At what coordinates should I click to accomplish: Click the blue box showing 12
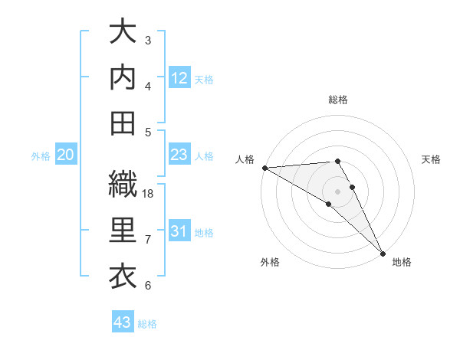point(179,77)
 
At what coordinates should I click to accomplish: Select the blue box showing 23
point(179,155)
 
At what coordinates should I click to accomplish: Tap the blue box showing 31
point(179,231)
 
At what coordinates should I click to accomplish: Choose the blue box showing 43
point(123,322)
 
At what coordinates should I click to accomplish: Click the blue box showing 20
point(66,155)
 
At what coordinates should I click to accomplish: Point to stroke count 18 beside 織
point(149,194)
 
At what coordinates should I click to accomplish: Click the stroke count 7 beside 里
point(149,240)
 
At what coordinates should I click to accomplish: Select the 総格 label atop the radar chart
point(337,100)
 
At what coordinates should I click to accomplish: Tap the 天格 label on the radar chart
point(432,159)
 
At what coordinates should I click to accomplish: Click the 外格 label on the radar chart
point(269,262)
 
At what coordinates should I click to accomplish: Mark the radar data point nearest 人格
point(264,168)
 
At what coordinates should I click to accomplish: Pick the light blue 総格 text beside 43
point(148,324)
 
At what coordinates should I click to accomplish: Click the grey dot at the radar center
point(337,191)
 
